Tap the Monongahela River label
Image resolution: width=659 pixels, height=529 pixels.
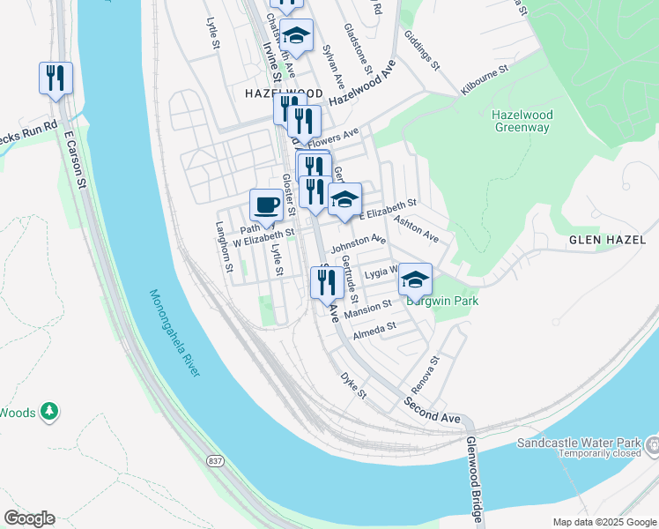tap(174, 333)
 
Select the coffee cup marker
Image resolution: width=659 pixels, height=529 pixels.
tap(266, 207)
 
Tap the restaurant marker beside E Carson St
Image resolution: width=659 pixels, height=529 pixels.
tap(56, 78)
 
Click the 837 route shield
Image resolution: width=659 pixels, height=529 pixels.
tap(215, 460)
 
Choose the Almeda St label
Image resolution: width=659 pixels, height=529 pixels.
tap(375, 332)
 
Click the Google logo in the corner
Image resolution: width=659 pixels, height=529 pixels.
tap(29, 518)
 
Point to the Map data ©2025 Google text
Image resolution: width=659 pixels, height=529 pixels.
tap(603, 522)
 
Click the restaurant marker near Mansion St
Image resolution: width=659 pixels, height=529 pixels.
tap(326, 283)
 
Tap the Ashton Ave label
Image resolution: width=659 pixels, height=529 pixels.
tap(416, 228)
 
